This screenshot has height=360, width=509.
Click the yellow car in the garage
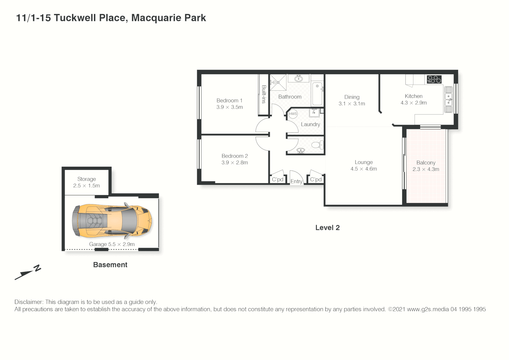point(112,221)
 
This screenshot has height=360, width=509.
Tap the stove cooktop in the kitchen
point(434,79)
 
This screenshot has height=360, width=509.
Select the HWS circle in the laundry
point(293,114)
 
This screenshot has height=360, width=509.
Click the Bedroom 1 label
point(229,100)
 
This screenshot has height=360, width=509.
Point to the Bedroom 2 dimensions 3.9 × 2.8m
point(235,163)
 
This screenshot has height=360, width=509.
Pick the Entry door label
point(296,181)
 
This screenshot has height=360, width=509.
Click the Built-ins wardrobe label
point(264,94)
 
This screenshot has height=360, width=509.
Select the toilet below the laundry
point(317,145)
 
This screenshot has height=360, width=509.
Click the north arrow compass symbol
point(28,272)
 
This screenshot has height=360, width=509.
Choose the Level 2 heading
point(327,228)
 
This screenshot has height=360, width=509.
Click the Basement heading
point(110,265)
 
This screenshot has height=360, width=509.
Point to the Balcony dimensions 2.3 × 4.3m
point(426,169)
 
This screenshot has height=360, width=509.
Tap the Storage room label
point(87,179)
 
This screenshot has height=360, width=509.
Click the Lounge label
point(363,162)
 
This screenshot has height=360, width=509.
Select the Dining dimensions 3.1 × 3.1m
point(352,104)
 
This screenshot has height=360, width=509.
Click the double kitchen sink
point(448,99)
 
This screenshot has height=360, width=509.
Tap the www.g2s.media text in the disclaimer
point(428,309)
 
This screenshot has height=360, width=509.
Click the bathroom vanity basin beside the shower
point(298,79)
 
